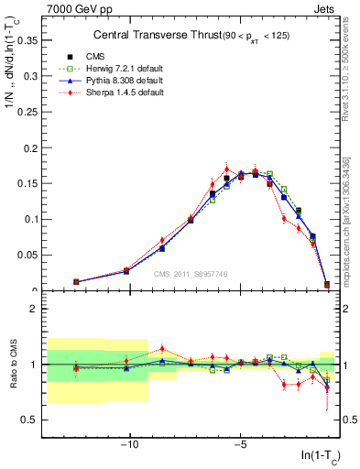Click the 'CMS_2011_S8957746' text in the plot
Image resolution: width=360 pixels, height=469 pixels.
191,273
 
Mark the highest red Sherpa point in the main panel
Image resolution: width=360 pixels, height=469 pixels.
226,169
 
